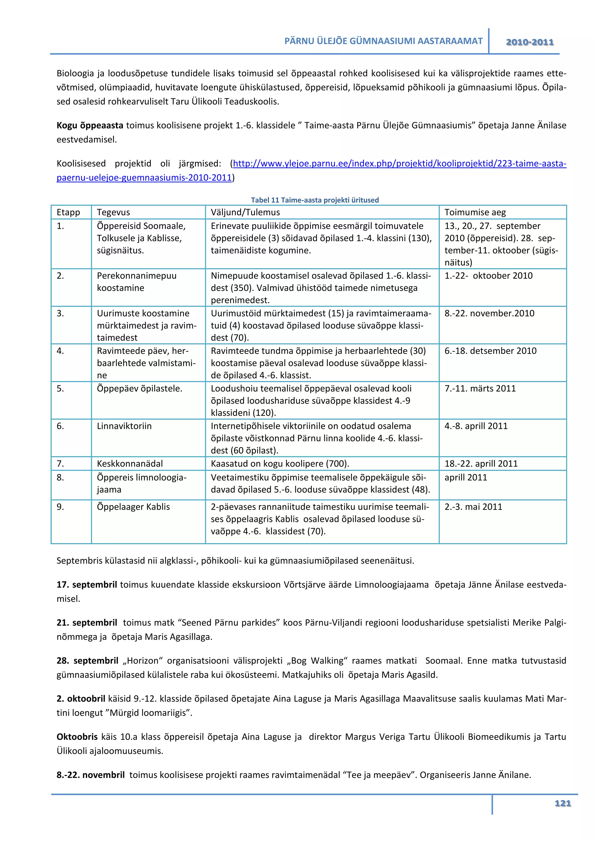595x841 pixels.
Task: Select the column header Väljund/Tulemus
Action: click(245, 212)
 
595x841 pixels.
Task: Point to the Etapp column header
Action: click(68, 212)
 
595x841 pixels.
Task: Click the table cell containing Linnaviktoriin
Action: click(124, 426)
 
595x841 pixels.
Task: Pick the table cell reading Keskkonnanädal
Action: click(130, 463)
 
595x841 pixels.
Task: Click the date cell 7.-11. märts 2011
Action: click(480, 388)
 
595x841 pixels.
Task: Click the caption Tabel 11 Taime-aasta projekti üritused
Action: click(315, 200)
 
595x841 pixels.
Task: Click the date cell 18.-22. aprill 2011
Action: click(481, 463)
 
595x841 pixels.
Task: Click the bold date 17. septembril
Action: click(87, 584)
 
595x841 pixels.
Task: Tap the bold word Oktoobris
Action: click(77, 737)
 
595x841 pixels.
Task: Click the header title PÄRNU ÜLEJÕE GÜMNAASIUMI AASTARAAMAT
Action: click(383, 41)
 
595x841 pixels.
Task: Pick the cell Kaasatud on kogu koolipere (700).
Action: click(280, 463)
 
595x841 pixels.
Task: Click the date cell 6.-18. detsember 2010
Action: click(490, 351)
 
